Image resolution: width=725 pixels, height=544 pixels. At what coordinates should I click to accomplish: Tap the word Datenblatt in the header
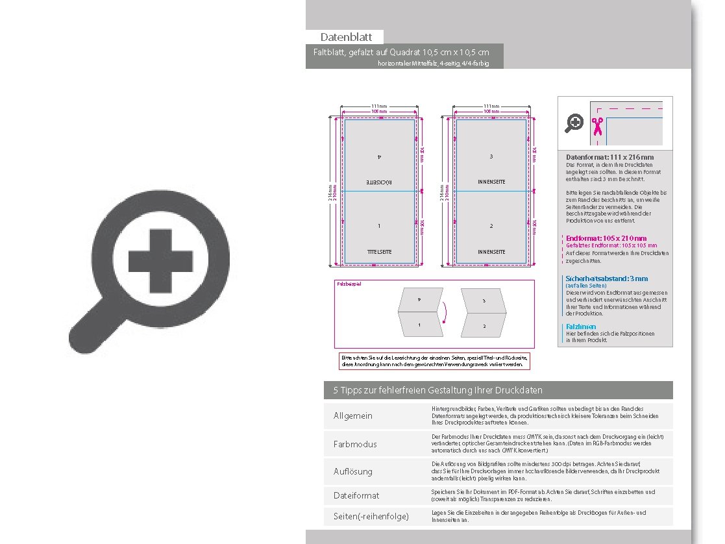click(345, 37)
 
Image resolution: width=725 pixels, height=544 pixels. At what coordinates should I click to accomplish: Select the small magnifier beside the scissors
click(574, 123)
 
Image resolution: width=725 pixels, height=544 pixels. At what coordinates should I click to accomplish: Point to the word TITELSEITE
click(380, 251)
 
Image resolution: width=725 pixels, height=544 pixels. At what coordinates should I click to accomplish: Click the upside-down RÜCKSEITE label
click(380, 182)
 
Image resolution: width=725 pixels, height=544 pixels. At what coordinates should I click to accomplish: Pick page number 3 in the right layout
click(491, 156)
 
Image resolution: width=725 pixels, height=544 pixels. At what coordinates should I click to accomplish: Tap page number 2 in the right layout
click(491, 226)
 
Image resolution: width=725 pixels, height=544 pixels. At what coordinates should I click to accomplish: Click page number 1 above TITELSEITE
click(380, 226)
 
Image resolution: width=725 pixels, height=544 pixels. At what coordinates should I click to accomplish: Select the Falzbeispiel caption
click(349, 284)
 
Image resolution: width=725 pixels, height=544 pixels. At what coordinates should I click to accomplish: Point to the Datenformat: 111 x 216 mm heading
click(609, 157)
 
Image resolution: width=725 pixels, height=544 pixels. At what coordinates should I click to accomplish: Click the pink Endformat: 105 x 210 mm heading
click(606, 238)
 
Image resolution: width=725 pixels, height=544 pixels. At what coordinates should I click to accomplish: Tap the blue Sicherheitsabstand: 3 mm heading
click(607, 278)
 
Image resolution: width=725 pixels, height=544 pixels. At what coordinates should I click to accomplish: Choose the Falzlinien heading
click(580, 327)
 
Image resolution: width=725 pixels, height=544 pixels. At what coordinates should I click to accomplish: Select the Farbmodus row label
click(355, 445)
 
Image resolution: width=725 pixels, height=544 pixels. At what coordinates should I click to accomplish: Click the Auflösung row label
click(353, 471)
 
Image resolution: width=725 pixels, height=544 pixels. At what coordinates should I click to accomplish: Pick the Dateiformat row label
click(356, 495)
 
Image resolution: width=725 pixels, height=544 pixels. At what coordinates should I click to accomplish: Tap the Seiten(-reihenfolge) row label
click(371, 517)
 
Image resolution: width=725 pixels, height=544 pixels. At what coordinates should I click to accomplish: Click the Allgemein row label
click(353, 415)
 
